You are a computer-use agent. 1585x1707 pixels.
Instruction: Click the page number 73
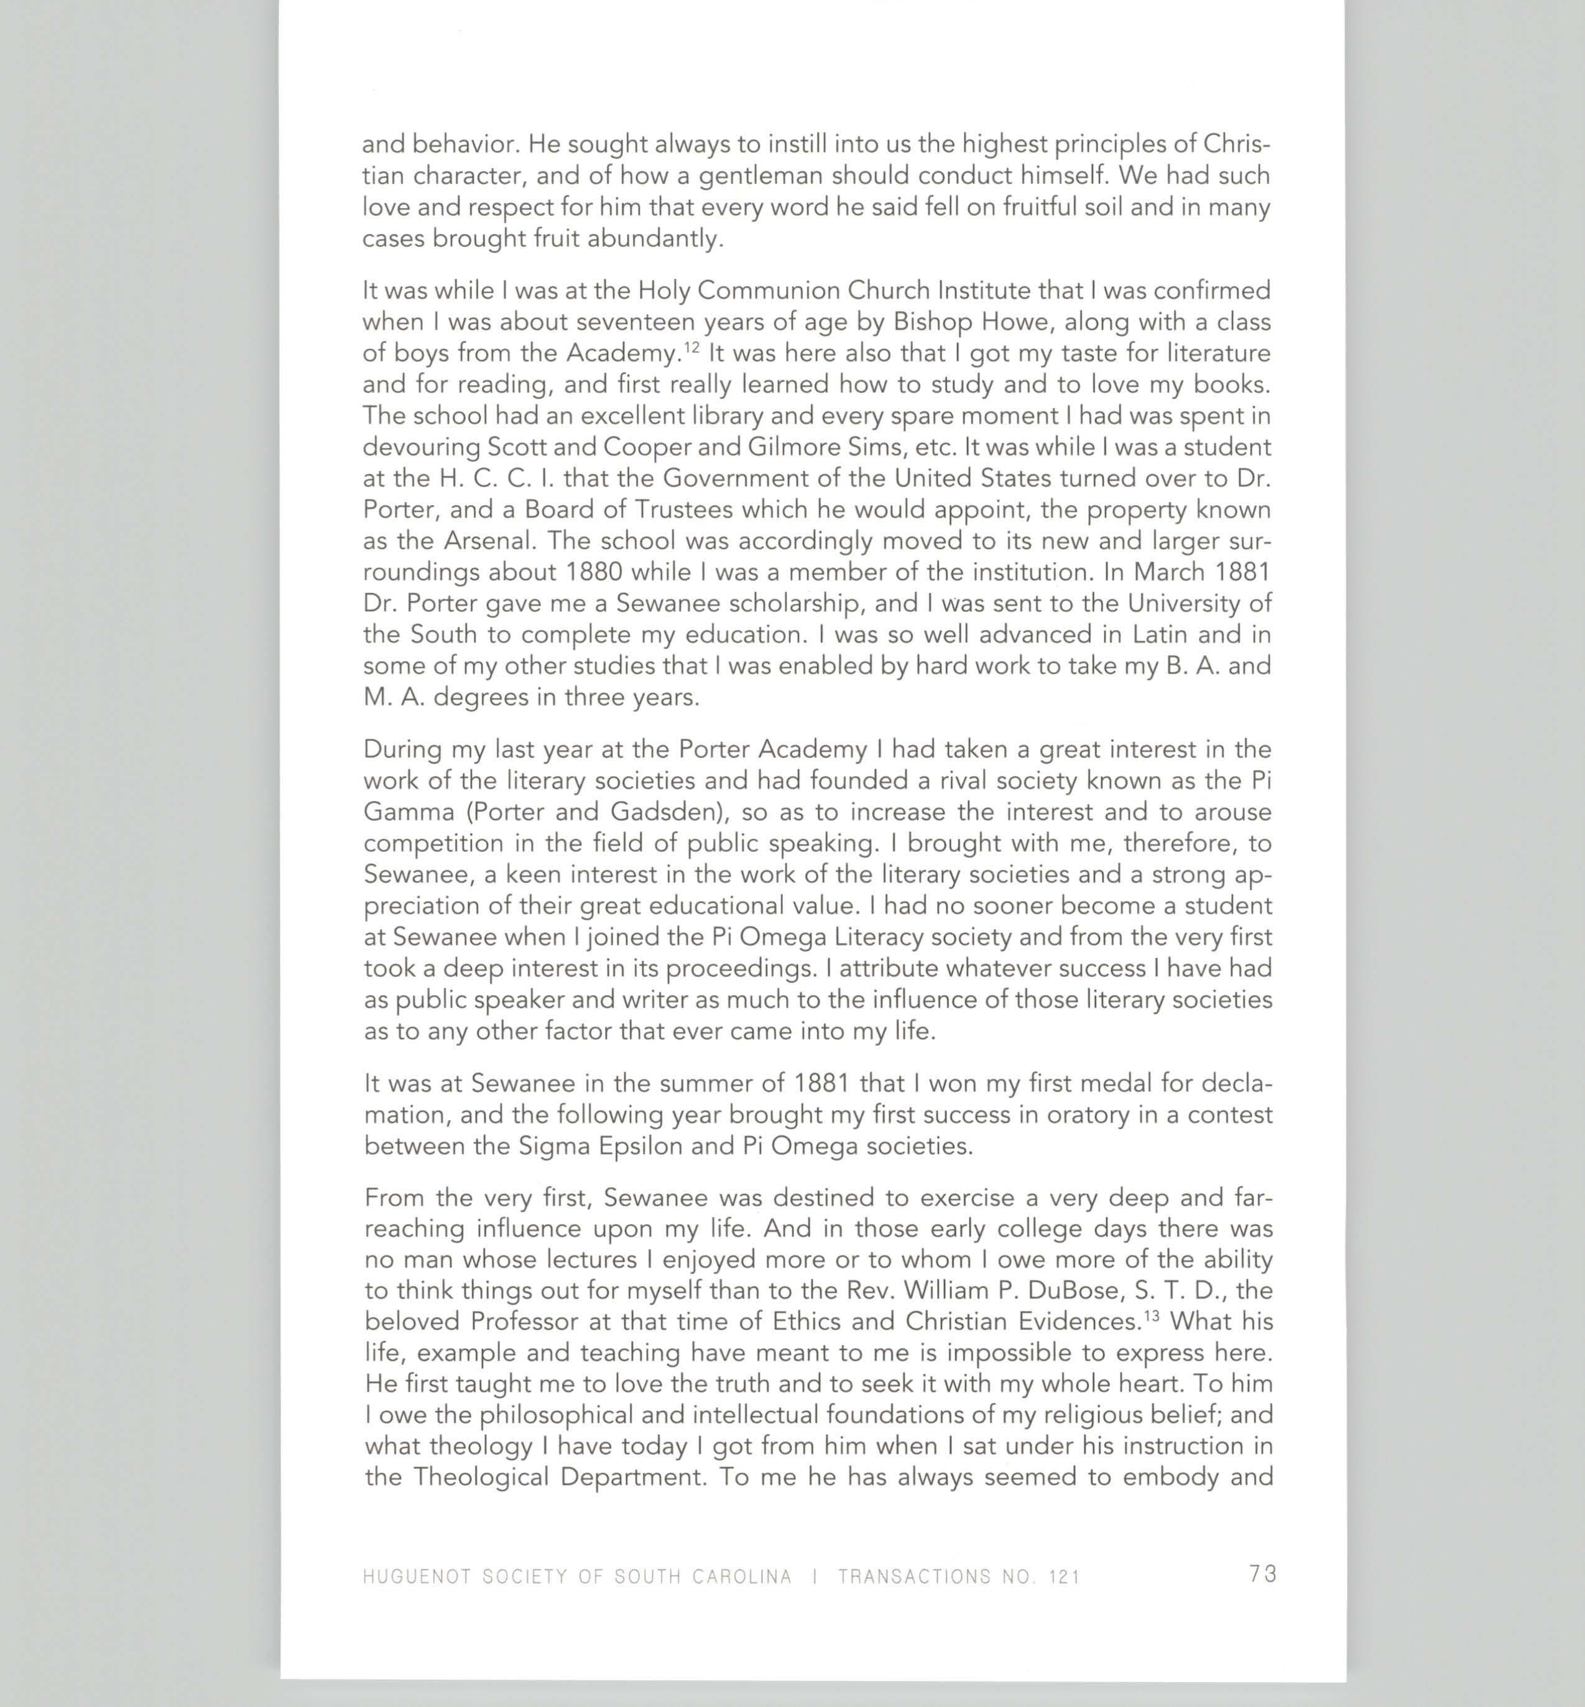[x=1262, y=1574]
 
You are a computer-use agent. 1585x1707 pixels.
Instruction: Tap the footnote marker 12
[x=692, y=346]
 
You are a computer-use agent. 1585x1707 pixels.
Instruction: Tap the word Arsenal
[x=491, y=541]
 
